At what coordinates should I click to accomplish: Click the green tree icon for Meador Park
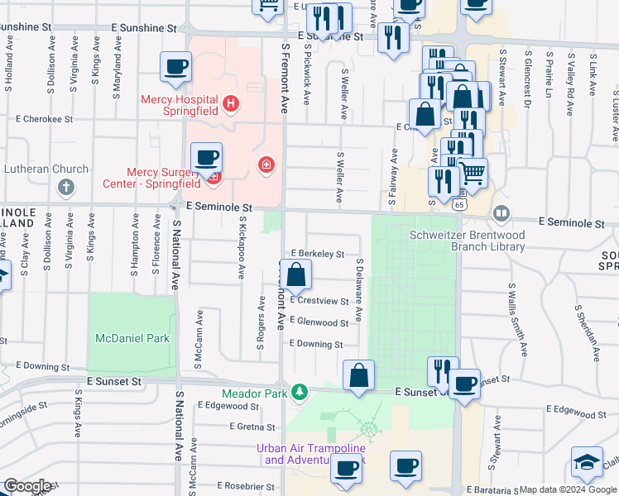coord(304,392)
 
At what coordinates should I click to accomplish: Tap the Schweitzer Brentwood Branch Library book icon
coord(501,214)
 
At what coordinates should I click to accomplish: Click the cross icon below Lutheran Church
coord(66,187)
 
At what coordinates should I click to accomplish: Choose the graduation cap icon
coord(587,462)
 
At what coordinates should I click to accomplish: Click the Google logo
coord(26,486)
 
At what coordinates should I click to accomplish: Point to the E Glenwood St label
coord(319,322)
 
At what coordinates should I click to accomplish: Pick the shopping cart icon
coord(472,173)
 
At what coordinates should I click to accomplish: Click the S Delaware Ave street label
coord(358,289)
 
